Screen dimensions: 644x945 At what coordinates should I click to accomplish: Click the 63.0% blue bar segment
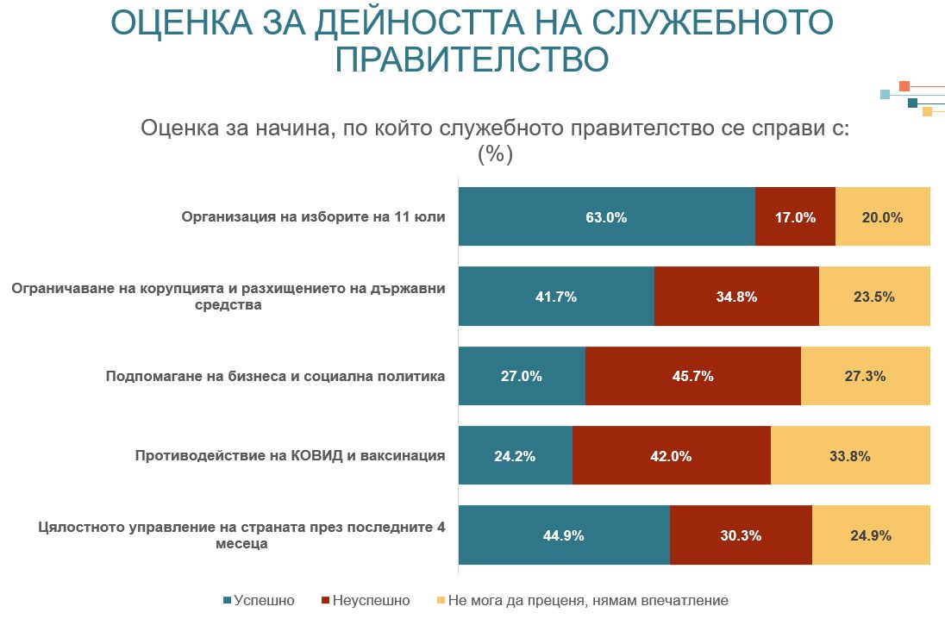(606, 216)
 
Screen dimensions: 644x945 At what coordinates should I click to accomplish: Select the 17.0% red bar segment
(795, 216)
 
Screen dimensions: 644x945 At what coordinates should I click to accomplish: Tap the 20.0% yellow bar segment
(882, 216)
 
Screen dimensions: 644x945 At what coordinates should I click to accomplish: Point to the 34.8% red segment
(736, 296)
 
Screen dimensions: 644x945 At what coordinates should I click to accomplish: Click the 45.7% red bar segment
(692, 376)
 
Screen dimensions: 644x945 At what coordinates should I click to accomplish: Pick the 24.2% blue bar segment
(515, 455)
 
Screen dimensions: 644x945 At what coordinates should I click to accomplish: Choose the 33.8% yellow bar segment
(849, 455)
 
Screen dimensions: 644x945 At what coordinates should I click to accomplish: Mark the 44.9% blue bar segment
(563, 535)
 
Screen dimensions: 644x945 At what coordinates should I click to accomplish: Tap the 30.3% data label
(741, 535)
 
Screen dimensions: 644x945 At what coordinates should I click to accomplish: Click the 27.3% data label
(865, 376)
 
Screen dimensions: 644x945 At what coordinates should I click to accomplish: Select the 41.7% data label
(556, 297)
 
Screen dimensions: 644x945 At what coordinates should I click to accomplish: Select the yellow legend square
(441, 600)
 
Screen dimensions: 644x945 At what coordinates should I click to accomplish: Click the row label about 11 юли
(313, 216)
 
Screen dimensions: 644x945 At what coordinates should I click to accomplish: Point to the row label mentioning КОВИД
(290, 455)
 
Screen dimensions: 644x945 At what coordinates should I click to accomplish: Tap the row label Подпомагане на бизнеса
(275, 376)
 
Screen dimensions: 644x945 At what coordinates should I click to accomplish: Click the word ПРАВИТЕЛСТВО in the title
(472, 59)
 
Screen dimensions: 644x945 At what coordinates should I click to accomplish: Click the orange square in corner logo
(904, 86)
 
